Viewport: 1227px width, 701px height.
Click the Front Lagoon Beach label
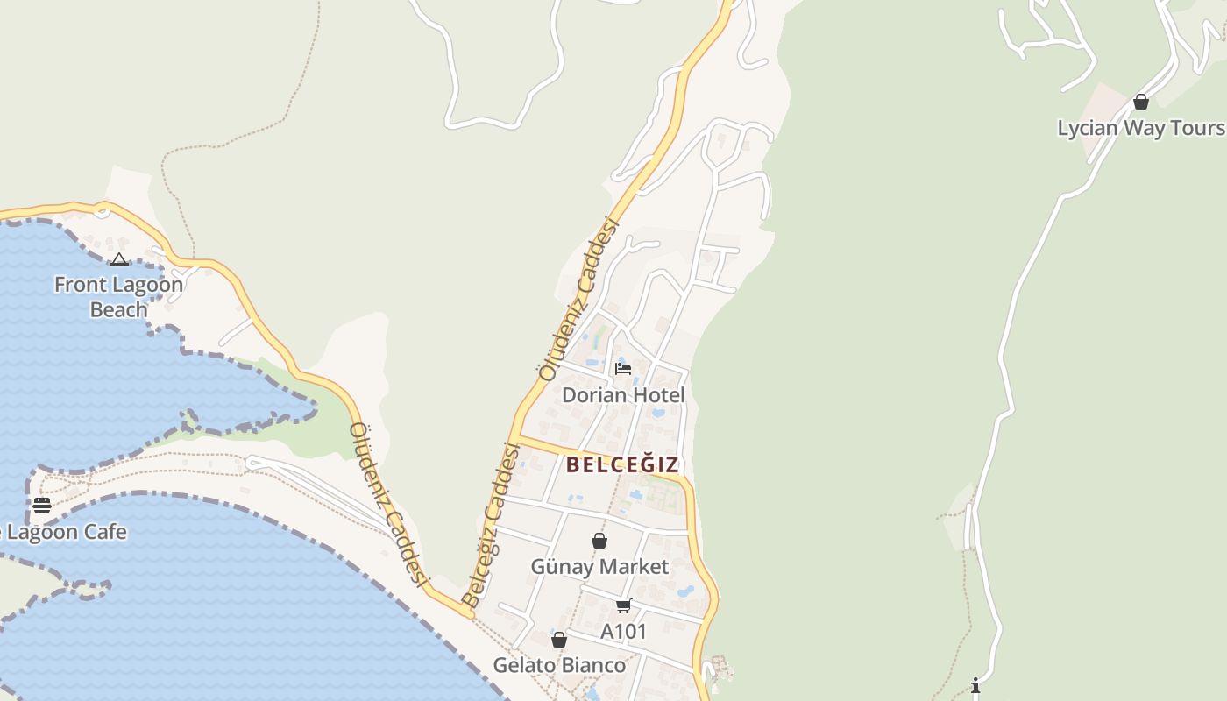[x=118, y=297]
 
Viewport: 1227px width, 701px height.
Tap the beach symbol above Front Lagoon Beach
[x=119, y=259]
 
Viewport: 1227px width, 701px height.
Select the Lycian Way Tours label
[x=1140, y=128]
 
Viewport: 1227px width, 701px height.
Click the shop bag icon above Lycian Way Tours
[x=1140, y=102]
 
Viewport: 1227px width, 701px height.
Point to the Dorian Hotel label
[x=623, y=395]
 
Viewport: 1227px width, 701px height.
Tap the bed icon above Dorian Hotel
[x=623, y=368]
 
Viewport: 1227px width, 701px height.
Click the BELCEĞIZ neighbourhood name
[x=622, y=464]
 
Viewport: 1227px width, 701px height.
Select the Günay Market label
[x=599, y=567]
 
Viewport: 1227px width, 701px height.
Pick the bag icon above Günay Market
[x=599, y=541]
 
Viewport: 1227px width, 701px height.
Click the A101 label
[x=623, y=632]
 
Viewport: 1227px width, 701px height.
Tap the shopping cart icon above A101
[x=623, y=605]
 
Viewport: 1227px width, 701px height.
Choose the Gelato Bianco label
[x=559, y=665]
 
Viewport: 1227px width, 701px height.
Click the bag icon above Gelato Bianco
[x=559, y=640]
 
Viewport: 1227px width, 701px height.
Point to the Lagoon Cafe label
[x=67, y=532]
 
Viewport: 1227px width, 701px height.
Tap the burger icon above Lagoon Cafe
[x=41, y=506]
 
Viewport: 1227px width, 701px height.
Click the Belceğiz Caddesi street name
[x=492, y=526]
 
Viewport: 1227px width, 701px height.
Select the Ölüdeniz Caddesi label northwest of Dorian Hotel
[x=579, y=299]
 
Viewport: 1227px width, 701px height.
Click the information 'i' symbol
[x=975, y=684]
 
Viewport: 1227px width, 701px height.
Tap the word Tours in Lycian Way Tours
[x=1197, y=128]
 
